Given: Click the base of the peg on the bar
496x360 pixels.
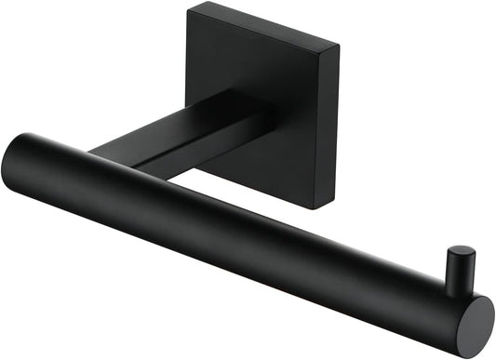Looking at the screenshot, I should coord(456,287).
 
